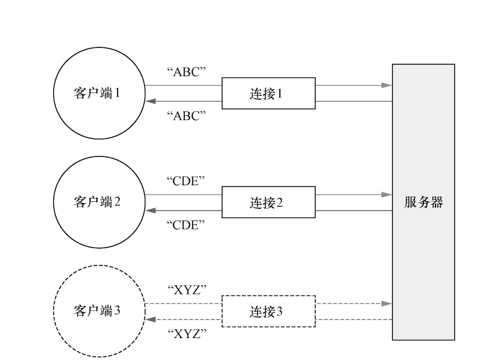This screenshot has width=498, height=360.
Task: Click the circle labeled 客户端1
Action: click(x=98, y=93)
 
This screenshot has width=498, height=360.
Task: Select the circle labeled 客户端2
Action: click(x=98, y=202)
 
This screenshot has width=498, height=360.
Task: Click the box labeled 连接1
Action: click(x=268, y=93)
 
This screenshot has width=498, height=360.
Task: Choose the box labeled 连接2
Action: click(x=268, y=202)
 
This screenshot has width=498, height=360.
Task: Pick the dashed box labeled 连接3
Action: click(x=268, y=311)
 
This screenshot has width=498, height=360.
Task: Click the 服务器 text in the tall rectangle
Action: click(x=423, y=202)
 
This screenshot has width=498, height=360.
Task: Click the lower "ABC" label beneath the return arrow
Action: click(x=186, y=115)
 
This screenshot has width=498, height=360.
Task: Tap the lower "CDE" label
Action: click(x=186, y=224)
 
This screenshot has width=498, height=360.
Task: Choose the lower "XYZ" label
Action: click(x=186, y=333)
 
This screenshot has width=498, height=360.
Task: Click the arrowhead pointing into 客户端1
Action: click(x=149, y=102)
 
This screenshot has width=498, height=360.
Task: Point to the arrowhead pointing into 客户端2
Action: click(x=149, y=210)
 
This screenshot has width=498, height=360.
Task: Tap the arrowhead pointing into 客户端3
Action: click(x=149, y=319)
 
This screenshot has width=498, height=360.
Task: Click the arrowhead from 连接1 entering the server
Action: click(x=387, y=85)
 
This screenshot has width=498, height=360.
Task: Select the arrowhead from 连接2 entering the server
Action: click(x=387, y=194)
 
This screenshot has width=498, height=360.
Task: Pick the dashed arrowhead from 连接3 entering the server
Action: click(x=387, y=303)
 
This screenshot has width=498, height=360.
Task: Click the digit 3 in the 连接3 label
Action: click(x=280, y=311)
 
